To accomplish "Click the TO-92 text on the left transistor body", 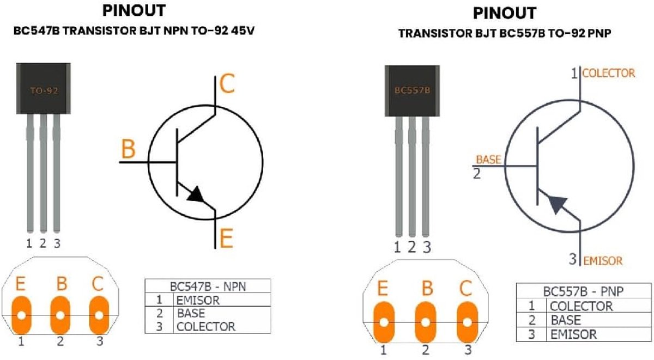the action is pyautogui.click(x=44, y=91).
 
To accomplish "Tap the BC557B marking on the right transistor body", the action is pyautogui.click(x=412, y=90).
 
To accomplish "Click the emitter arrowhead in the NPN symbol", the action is pyautogui.click(x=196, y=194).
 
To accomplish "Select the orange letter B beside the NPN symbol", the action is pyautogui.click(x=128, y=149).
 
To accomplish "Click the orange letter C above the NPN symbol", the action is pyautogui.click(x=227, y=84).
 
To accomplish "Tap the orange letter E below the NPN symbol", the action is pyautogui.click(x=226, y=239).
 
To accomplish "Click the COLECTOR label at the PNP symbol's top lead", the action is pyautogui.click(x=609, y=73).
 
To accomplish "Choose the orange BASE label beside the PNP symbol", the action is pyautogui.click(x=488, y=160).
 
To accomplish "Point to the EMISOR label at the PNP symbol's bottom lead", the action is pyautogui.click(x=603, y=261).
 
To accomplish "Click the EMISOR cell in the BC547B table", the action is pyautogui.click(x=198, y=300).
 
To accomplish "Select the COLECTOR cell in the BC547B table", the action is pyautogui.click(x=206, y=326).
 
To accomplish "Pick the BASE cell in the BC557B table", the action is pyautogui.click(x=566, y=320).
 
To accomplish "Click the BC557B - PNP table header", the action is pyautogui.click(x=583, y=291).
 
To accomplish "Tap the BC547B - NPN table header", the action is pyautogui.click(x=208, y=286).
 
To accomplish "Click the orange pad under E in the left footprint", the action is pyautogui.click(x=21, y=315).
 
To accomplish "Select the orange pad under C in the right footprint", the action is pyautogui.click(x=467, y=322).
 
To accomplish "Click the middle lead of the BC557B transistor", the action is pyautogui.click(x=412, y=176).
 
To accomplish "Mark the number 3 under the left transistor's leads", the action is pyautogui.click(x=57, y=243).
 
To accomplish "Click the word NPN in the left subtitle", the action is pyautogui.click(x=175, y=31).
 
